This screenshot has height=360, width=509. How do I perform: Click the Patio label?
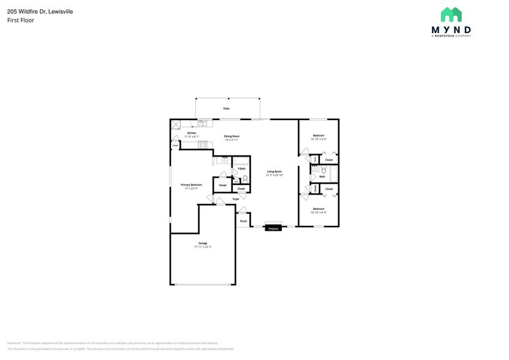pos(226,108)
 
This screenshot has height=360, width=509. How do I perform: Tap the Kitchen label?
pos(192,133)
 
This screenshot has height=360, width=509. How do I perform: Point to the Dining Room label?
pos(231,136)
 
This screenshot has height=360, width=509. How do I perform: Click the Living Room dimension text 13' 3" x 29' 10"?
pos(274,175)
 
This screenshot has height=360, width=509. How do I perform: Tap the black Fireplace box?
pos(273,228)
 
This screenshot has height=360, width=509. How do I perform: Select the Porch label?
pos(243,221)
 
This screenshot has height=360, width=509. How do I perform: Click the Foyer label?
pos(236,200)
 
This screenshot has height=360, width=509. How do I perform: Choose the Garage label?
pos(203,243)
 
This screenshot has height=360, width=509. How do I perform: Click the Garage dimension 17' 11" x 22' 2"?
pos(203,247)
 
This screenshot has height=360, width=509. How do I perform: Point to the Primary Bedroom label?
pos(191,184)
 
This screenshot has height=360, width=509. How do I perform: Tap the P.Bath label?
pos(242,168)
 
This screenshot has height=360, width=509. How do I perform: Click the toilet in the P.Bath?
pos(246,179)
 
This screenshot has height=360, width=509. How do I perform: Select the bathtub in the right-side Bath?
pos(333,175)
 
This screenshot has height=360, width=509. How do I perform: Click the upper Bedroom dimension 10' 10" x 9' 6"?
pos(319,139)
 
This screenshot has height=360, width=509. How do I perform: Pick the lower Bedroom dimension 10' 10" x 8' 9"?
pos(319,212)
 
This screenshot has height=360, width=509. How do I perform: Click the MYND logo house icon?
pos(451,15)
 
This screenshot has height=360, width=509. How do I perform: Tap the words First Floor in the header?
pos(21,20)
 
